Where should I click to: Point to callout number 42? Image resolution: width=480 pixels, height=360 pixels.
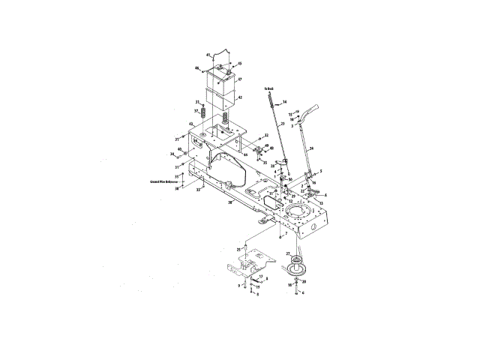click(240, 97)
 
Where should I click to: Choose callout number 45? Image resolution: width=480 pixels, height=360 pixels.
click(240, 63)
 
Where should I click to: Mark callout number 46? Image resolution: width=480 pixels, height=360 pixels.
click(197, 68)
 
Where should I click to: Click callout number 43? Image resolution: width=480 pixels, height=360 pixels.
click(191, 124)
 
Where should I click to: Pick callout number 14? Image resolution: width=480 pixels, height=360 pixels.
click(285, 101)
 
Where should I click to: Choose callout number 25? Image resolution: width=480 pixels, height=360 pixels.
click(238, 248)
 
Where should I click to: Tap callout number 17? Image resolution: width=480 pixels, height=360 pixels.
click(261, 276)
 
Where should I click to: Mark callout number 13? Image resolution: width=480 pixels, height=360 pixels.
click(321, 203)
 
